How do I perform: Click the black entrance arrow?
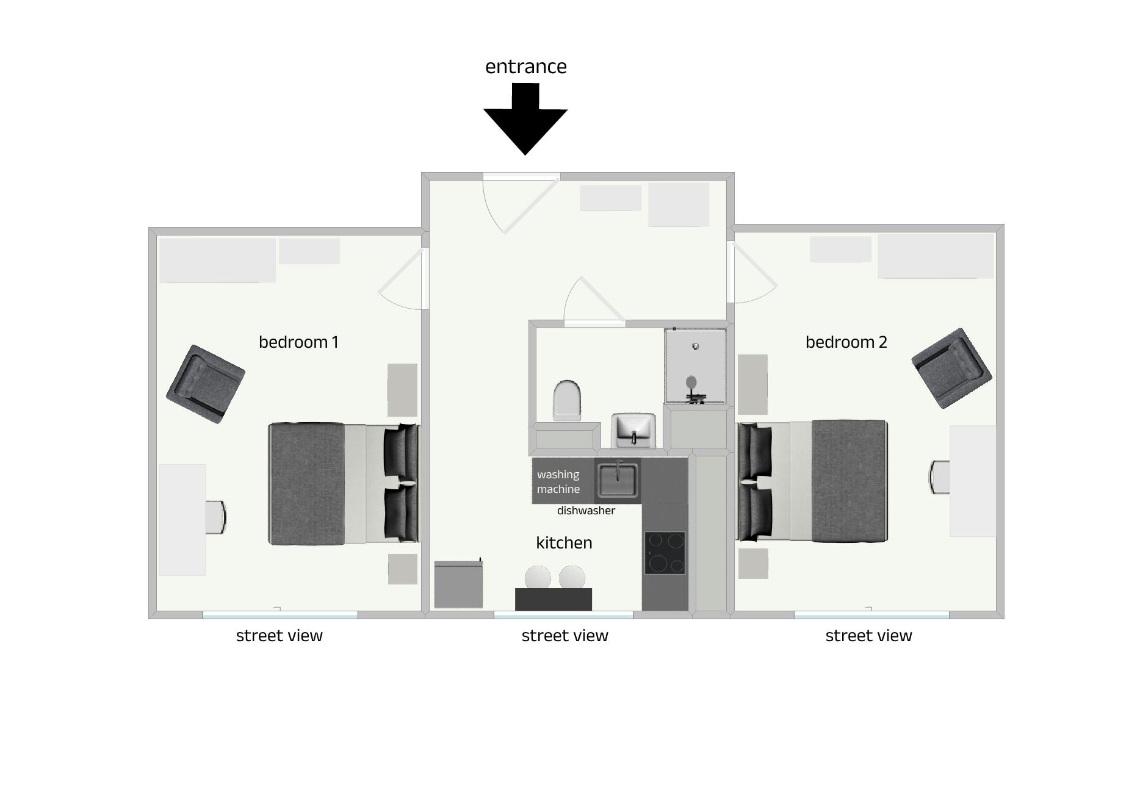coord(525,119)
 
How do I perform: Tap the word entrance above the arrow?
coord(526,66)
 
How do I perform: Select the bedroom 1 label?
coord(298,342)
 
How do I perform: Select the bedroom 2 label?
coord(846,342)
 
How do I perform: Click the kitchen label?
coord(564,542)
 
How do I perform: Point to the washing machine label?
coord(558,482)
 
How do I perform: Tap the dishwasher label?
coord(586,511)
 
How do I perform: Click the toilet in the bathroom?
coord(567,400)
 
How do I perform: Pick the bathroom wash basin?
coord(634,430)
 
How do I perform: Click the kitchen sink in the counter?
coord(618,480)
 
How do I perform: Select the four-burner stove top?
coord(665,553)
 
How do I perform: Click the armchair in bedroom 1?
coord(206,384)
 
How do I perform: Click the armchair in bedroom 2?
coord(951,368)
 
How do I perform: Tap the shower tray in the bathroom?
coord(695,366)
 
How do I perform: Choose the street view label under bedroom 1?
coord(279,636)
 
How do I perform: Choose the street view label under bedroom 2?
coord(868,636)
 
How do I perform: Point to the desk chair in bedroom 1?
coord(215,517)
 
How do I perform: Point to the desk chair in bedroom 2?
coord(939,477)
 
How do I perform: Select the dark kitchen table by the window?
coord(554,599)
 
